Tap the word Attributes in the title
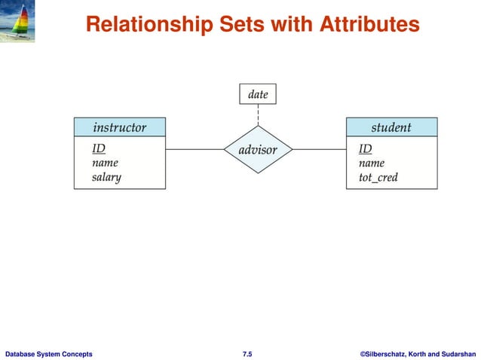point(370,25)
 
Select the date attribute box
point(258,94)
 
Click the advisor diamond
point(258,150)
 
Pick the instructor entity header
point(119,127)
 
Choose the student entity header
point(391,127)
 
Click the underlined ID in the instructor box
point(98,148)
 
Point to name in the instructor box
point(105,163)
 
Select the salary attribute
point(106,178)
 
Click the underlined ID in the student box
point(365,148)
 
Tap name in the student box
point(372,163)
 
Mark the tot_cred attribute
point(378,178)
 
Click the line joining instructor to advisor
point(195,149)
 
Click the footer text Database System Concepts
point(49,352)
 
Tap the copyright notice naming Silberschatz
point(418,352)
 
